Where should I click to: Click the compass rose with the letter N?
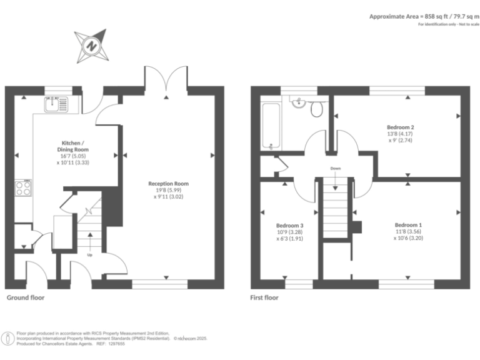click(x=91, y=45)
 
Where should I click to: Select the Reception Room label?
click(x=168, y=184)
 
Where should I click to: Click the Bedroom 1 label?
click(x=407, y=225)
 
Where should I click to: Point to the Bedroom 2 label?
click(x=400, y=127)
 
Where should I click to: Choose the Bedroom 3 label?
click(x=289, y=225)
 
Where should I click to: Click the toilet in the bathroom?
click(x=316, y=108)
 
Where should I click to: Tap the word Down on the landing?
click(x=336, y=169)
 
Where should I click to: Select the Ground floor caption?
click(x=25, y=298)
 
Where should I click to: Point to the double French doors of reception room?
click(x=166, y=78)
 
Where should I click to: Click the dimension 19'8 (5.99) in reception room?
click(x=168, y=190)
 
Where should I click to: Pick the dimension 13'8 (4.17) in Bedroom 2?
click(x=400, y=133)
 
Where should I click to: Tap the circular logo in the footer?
click(x=9, y=339)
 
